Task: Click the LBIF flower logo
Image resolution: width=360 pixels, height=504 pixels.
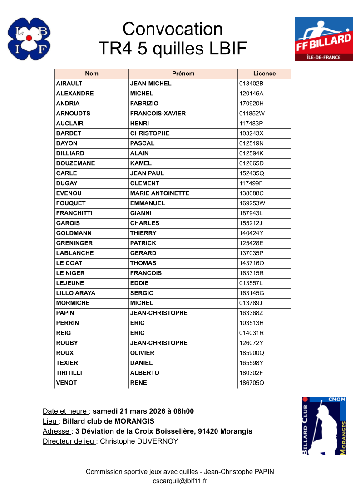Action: (x=29, y=39)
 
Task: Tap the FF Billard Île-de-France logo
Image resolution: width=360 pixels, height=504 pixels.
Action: (x=323, y=39)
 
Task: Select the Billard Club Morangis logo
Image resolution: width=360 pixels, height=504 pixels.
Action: (x=324, y=426)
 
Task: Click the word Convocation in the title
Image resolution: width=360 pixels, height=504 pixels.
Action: (x=173, y=29)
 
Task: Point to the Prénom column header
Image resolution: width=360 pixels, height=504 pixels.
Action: (x=183, y=74)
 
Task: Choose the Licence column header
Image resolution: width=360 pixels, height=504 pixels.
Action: (x=264, y=74)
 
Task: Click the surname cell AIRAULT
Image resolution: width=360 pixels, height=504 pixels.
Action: (x=69, y=84)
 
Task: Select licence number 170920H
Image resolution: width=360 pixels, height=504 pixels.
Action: (x=252, y=104)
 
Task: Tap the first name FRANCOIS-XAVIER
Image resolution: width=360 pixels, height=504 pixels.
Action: (x=158, y=114)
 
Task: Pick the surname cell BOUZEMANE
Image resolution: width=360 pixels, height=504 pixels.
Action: (x=75, y=163)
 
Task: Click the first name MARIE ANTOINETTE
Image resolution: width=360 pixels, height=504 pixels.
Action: (x=160, y=193)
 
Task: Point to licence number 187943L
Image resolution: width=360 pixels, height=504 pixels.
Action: (x=251, y=213)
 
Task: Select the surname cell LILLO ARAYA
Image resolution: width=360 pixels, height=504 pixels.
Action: (x=76, y=293)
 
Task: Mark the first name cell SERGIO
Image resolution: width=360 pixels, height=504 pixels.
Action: (x=142, y=293)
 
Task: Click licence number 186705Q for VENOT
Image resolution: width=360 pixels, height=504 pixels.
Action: (x=252, y=383)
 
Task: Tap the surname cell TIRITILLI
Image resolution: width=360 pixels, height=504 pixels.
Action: (x=69, y=373)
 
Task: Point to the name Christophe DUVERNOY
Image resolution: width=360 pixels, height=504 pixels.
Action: (x=139, y=441)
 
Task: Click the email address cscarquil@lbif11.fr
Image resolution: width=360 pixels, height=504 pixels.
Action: (x=180, y=481)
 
